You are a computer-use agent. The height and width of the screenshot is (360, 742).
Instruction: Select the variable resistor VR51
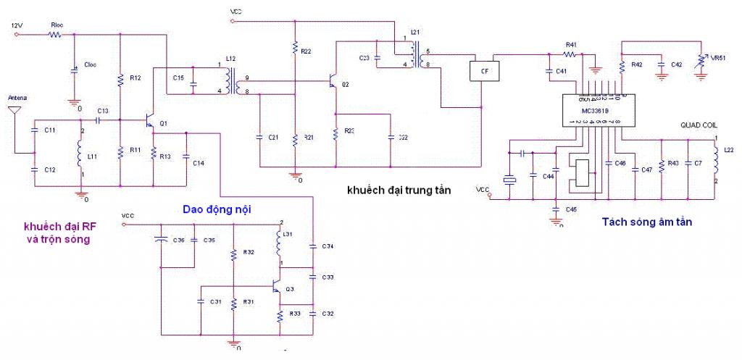coord(701,59)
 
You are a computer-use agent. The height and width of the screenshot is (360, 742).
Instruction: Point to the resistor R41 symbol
coord(571,53)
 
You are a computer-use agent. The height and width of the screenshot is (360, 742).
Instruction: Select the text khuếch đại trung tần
coord(399,191)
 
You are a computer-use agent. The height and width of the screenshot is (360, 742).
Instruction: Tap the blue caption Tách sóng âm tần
coord(646,222)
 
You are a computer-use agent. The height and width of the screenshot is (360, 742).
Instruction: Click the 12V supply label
coord(17,25)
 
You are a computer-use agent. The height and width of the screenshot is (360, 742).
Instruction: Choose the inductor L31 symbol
coord(279,243)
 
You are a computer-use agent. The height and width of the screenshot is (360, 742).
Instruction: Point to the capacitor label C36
coord(179,240)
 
